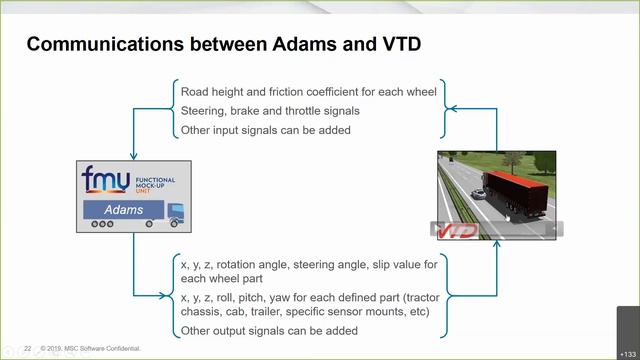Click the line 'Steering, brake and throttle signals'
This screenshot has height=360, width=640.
pos(270,111)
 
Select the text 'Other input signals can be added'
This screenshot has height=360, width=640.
pos(265,131)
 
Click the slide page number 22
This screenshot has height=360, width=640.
pos(28,349)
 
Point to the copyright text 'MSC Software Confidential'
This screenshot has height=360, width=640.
pos(105,349)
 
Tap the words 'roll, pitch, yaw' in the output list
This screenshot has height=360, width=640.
pos(246,298)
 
